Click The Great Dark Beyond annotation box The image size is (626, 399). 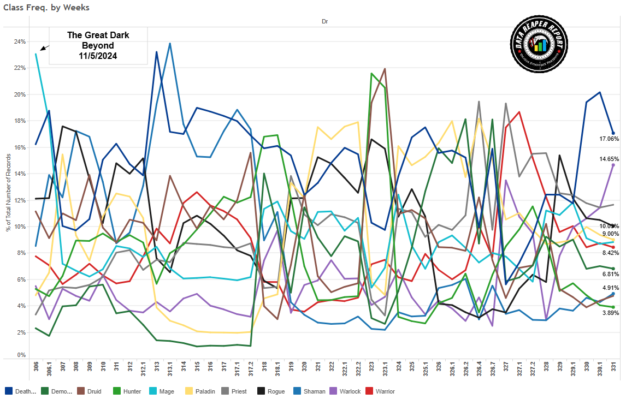coord(98,45)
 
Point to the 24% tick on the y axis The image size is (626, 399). coord(20,41)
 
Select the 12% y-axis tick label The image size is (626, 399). coord(20,200)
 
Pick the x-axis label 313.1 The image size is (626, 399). coord(170,370)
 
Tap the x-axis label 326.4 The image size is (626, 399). coord(479,370)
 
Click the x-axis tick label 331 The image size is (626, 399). coord(613,367)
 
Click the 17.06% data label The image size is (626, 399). coord(609,139)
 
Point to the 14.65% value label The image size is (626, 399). coord(609,159)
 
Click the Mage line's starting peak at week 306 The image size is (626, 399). coord(36,54)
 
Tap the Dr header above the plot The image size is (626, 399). coord(324,21)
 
